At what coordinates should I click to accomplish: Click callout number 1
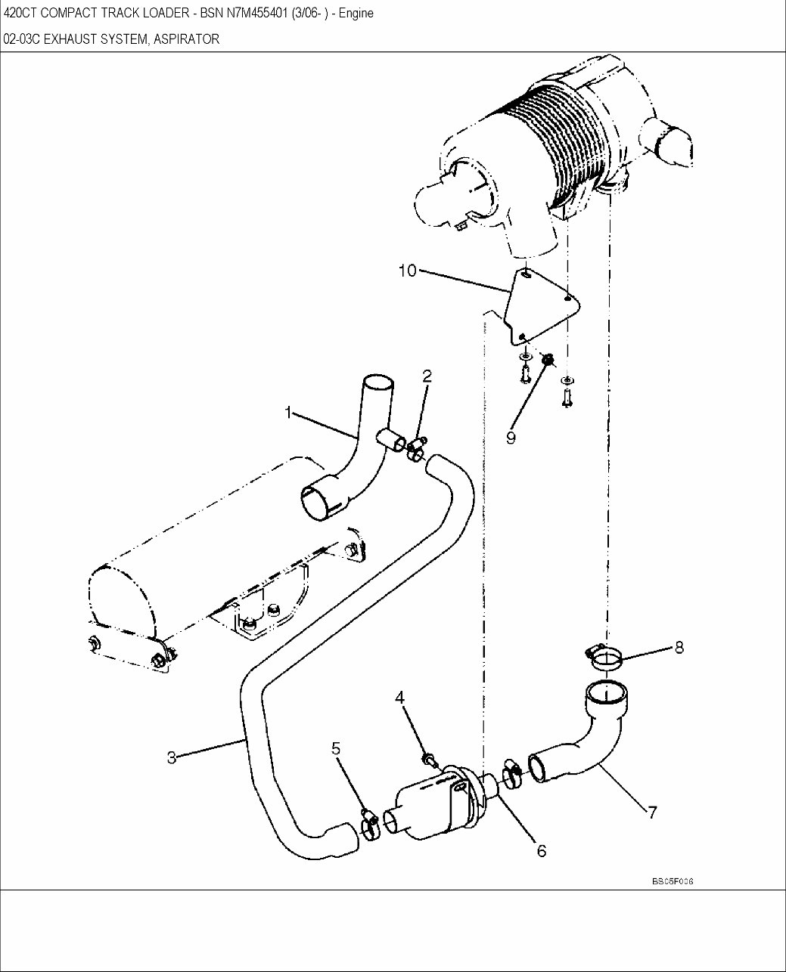[288, 412]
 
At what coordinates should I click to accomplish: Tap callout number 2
[427, 376]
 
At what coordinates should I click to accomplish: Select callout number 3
[172, 757]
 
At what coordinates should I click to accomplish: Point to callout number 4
[400, 697]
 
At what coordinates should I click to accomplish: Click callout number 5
[336, 748]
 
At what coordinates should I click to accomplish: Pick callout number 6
[542, 850]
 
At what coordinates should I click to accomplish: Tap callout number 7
[652, 813]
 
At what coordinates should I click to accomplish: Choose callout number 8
[679, 647]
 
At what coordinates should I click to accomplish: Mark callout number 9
[511, 438]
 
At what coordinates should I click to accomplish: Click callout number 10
[408, 270]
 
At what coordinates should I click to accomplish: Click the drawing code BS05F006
[673, 881]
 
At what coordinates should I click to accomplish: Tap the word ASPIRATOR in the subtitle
[186, 39]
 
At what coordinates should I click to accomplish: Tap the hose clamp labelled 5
[370, 825]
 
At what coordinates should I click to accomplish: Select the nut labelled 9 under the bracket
[547, 360]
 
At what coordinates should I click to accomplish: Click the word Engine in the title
[356, 14]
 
